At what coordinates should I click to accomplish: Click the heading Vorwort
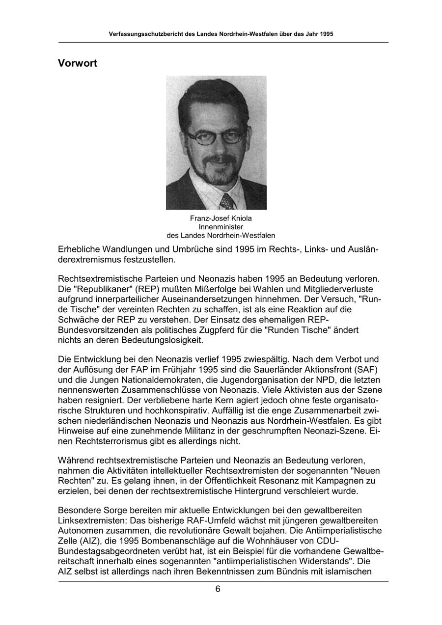(x=78, y=63)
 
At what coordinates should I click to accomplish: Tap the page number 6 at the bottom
(x=218, y=590)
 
